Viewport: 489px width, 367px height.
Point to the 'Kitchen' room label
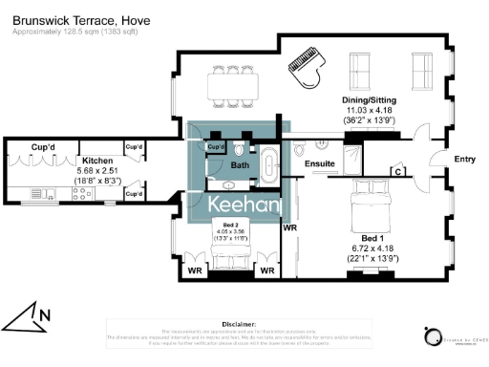[x=97, y=161]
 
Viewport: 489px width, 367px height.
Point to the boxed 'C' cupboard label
[x=396, y=172]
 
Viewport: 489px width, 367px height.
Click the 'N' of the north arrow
[x=44, y=313]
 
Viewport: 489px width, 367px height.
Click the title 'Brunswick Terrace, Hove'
[x=74, y=20]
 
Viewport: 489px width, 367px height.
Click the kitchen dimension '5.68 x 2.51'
[x=97, y=171]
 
